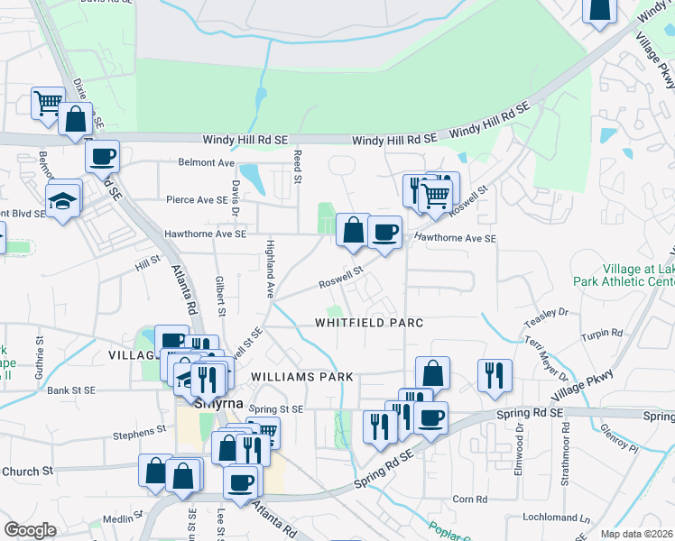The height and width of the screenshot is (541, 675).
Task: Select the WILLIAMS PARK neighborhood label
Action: [301, 376]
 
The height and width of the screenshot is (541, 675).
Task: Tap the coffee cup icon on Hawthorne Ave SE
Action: [385, 233]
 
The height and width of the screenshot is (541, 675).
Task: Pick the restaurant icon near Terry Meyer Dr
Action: [495, 375]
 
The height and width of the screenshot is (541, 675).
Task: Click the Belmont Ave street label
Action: [206, 163]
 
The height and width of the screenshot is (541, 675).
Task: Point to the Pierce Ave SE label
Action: [197, 199]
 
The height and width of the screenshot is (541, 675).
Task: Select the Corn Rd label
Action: [469, 499]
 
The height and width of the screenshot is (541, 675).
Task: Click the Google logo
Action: [30, 530]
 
